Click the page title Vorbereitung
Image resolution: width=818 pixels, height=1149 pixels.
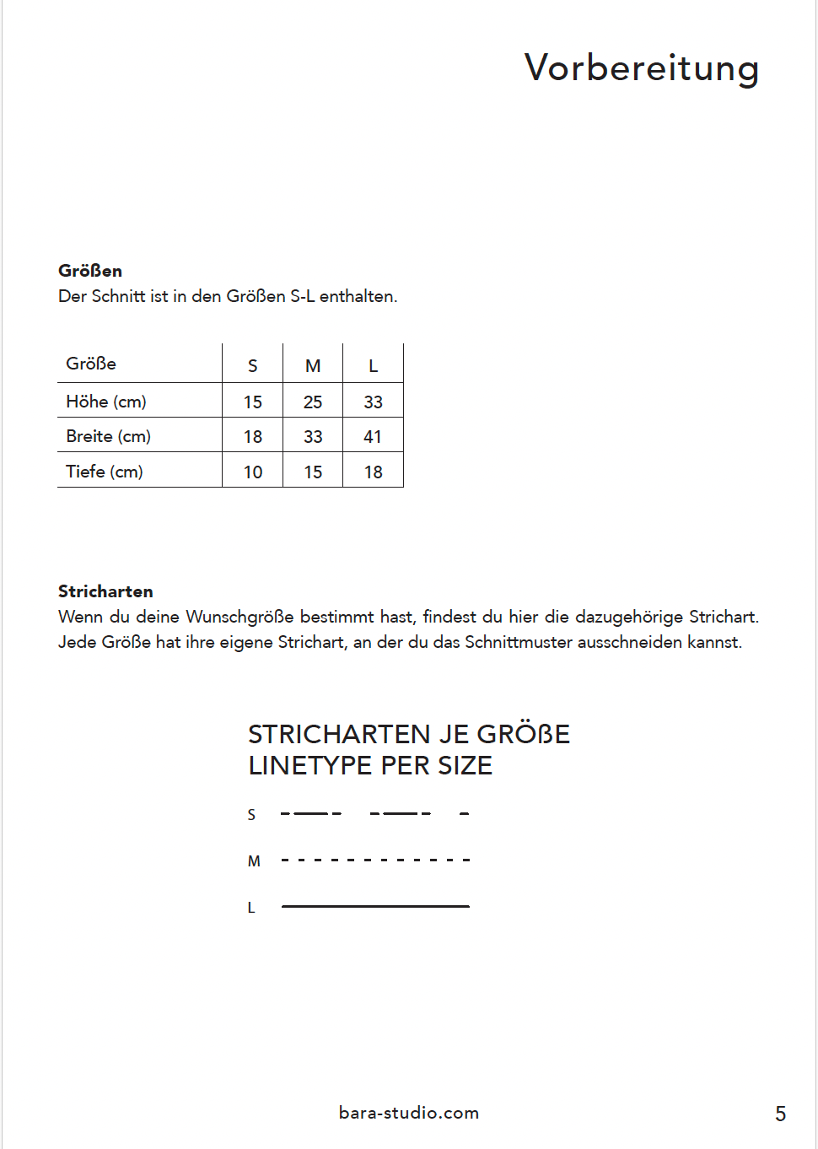(642, 68)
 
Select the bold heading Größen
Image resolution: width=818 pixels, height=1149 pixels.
(90, 271)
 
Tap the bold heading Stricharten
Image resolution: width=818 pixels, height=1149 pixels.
(105, 591)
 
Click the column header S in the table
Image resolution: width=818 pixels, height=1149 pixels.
(253, 366)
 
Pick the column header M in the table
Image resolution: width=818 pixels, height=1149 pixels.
(313, 366)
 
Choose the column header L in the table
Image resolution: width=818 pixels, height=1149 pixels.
(373, 366)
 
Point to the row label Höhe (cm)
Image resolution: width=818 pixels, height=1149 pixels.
(106, 402)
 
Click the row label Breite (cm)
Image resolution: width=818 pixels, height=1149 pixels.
(108, 436)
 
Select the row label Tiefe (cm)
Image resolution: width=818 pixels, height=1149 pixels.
(105, 472)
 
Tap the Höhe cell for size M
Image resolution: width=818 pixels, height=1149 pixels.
(313, 402)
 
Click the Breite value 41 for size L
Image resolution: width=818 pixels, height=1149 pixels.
(373, 437)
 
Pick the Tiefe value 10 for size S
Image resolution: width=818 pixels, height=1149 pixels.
(253, 472)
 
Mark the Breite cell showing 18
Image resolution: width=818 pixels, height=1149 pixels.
(253, 437)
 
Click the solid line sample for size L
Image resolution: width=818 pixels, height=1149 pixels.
(375, 906)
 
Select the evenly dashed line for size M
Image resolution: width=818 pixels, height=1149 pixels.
(375, 860)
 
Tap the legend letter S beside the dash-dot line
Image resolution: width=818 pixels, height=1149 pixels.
(251, 815)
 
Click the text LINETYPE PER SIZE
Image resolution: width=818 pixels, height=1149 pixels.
(370, 766)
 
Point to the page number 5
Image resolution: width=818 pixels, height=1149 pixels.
(780, 1114)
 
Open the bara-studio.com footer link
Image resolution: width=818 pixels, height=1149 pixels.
(409, 1113)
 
